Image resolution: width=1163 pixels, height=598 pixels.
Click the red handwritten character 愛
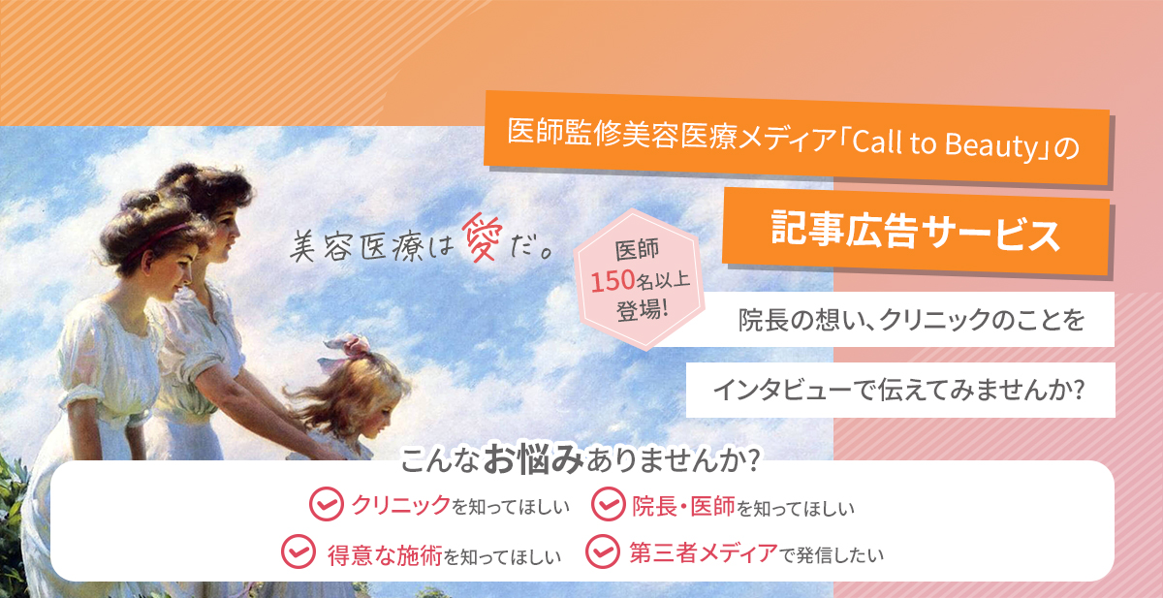click(x=483, y=238)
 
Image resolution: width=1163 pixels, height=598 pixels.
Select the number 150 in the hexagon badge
click(x=613, y=281)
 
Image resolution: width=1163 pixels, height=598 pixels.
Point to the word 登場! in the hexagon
click(x=642, y=311)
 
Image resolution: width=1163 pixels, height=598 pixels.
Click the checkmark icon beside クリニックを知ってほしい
click(x=326, y=504)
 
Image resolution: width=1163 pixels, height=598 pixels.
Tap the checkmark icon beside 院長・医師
click(x=608, y=504)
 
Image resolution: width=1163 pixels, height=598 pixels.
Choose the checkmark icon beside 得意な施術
click(x=299, y=551)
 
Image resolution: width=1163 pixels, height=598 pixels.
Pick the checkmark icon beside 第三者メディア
click(x=602, y=551)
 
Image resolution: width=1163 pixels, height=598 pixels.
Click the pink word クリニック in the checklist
click(x=401, y=505)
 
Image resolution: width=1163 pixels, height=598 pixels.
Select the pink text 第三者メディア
click(x=704, y=552)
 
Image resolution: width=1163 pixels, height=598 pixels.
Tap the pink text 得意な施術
click(x=385, y=555)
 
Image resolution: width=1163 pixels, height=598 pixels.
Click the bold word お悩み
click(x=533, y=458)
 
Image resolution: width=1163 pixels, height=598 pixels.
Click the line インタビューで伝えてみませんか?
click(x=899, y=390)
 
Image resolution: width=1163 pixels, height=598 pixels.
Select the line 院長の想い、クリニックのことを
click(x=911, y=319)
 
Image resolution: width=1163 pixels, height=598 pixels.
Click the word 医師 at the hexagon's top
click(x=637, y=250)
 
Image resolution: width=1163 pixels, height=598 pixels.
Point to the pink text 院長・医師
click(x=683, y=506)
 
